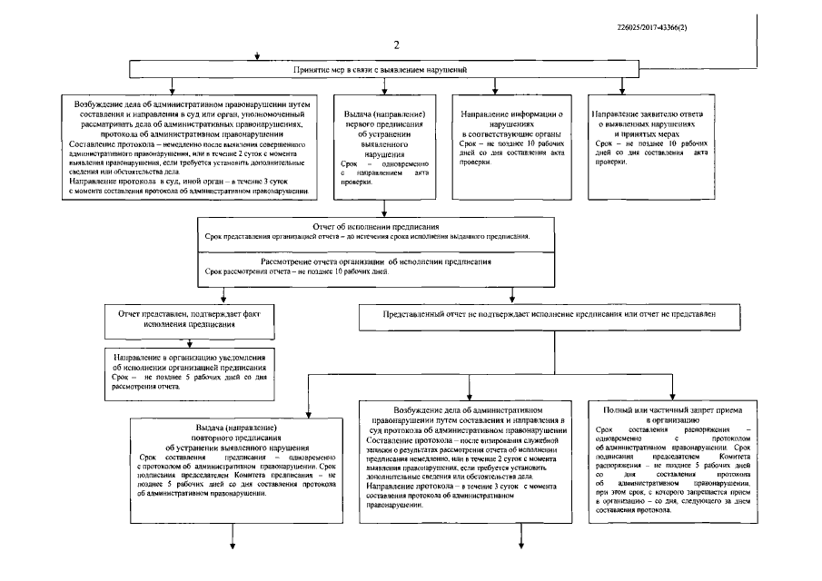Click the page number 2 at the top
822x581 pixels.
tap(396, 45)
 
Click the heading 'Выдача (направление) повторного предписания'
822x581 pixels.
tap(235, 435)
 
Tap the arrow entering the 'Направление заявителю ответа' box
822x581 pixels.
tap(622, 87)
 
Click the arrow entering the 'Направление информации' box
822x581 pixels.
tap(495, 87)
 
